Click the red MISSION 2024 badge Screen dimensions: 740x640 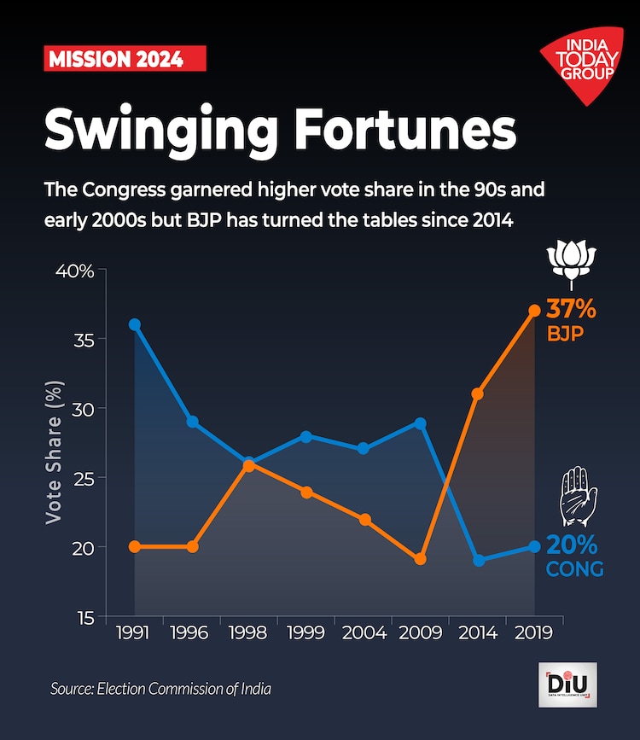click(x=125, y=59)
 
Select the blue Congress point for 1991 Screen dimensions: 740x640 click(x=134, y=324)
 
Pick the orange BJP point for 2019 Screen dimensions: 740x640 click(x=535, y=311)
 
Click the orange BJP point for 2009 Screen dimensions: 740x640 click(x=420, y=559)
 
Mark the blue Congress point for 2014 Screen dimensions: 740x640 click(x=478, y=560)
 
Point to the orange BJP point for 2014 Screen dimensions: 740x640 click(x=478, y=393)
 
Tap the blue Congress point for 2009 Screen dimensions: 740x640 click(x=420, y=423)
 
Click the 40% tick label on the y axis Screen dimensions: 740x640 click(x=76, y=271)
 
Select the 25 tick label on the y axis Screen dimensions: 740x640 click(x=83, y=478)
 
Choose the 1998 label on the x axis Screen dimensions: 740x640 click(x=248, y=633)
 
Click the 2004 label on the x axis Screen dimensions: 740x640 click(x=363, y=633)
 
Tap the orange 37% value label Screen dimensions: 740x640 click(x=571, y=306)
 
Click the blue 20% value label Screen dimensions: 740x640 click(x=572, y=545)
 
